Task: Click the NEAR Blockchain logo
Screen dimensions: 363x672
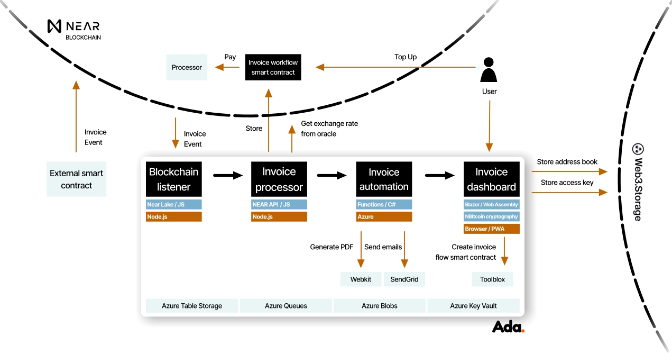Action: point(73,29)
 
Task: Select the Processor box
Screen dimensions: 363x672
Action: point(187,67)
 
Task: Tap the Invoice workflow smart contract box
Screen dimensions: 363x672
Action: point(273,67)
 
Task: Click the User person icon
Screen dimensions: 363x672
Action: point(489,70)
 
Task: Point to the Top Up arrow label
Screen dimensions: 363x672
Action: point(406,57)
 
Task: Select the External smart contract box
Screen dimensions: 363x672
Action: point(77,179)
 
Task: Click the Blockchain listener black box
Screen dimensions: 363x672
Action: point(174,179)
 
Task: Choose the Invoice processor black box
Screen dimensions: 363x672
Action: point(279,179)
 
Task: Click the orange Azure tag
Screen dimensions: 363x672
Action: point(384,216)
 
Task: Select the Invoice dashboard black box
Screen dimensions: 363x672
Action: point(492,179)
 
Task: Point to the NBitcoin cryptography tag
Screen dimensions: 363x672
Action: point(492,216)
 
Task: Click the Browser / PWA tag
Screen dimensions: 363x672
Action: point(492,229)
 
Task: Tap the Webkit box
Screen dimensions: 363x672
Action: point(361,279)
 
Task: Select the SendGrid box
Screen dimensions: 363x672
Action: point(404,279)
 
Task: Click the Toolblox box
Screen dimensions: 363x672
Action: point(492,279)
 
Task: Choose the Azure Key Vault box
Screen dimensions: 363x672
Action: point(473,306)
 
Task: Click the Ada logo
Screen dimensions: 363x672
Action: point(508,326)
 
